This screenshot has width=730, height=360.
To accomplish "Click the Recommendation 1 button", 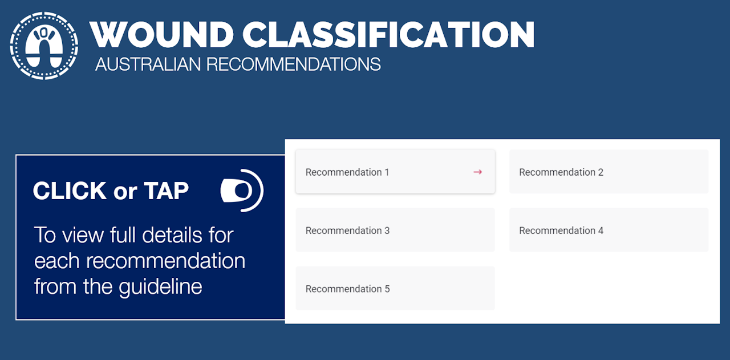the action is point(395,172).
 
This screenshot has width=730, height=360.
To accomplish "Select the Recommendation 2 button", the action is point(609,172).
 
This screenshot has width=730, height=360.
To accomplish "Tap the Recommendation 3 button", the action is point(395,230).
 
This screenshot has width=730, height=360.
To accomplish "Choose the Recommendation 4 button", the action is point(609,230).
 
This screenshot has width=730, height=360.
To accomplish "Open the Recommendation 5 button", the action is point(395,288).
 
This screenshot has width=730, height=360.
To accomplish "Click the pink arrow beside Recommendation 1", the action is point(477,172).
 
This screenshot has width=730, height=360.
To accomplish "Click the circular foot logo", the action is point(44,46).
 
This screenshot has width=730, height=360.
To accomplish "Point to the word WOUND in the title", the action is point(161,35).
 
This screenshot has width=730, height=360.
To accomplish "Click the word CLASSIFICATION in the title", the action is point(388,35).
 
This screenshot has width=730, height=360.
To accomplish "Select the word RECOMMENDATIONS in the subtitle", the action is point(293,64).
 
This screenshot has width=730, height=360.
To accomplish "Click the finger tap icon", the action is point(242,191).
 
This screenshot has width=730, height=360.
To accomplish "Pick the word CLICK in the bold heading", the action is point(70,191).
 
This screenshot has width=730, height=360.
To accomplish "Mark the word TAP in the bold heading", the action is point(167,191).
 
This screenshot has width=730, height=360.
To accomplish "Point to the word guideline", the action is point(160,287).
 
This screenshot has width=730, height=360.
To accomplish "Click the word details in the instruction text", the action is point(172,235).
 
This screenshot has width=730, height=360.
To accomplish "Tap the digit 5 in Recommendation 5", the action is point(387,289).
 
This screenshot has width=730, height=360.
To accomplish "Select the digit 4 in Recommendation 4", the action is point(601,230).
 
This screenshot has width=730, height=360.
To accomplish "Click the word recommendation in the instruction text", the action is point(165,261).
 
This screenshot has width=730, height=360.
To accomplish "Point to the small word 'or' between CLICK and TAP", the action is point(125,192).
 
